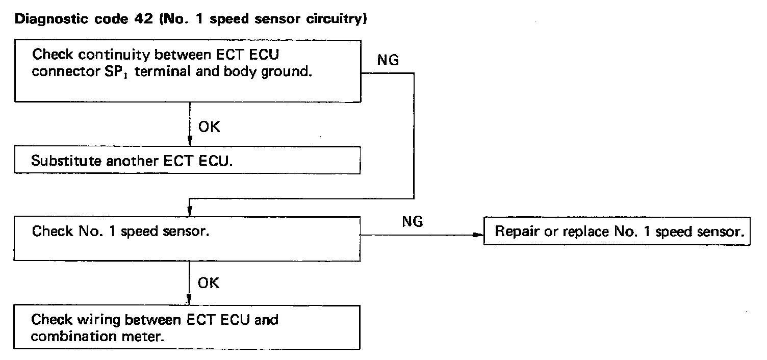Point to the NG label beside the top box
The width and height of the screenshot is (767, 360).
(x=388, y=60)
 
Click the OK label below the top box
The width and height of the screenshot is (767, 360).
(x=209, y=127)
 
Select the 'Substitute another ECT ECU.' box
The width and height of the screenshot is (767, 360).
(x=188, y=161)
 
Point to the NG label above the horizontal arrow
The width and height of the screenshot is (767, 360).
(x=413, y=222)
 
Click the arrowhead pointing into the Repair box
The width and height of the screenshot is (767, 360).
(x=478, y=235)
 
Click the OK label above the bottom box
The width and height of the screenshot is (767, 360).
(x=209, y=282)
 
